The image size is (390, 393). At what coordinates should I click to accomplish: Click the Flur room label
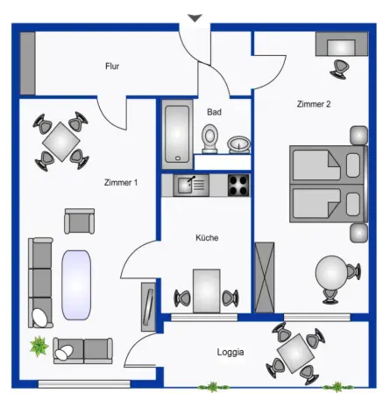112,67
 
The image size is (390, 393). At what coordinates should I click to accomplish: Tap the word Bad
214,112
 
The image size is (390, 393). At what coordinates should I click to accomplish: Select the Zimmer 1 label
121,183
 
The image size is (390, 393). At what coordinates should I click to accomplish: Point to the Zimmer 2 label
314,104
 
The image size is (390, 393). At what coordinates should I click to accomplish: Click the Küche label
207,238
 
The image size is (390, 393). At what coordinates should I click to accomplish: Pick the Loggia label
230,352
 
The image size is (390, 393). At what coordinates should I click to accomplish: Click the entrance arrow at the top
195,18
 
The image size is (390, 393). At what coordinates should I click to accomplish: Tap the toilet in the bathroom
209,139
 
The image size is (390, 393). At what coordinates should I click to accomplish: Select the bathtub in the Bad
177,134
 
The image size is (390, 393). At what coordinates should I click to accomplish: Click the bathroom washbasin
239,144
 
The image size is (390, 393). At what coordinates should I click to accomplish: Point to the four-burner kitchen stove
238,186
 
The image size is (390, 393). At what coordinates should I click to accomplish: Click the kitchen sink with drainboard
191,186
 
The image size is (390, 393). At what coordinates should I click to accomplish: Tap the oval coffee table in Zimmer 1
76,285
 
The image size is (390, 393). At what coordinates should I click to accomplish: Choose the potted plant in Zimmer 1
39,346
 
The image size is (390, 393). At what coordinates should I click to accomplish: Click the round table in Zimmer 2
331,273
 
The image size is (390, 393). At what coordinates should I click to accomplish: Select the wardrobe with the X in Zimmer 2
265,277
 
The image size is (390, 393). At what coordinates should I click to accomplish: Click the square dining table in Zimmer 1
60,142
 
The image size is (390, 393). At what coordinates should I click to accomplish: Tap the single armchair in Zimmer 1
79,221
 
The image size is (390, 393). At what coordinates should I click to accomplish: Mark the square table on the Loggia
295,354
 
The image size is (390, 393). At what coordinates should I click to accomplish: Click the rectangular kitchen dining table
206,291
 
